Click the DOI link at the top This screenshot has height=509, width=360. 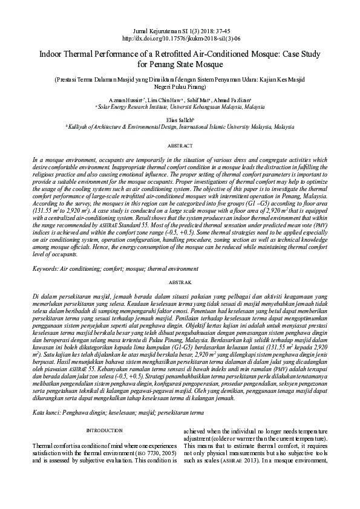coord(180,37)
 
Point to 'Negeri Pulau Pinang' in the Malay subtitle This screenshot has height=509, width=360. coord(180,87)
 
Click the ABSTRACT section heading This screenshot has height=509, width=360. coord(180,146)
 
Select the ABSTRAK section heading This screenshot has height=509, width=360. coord(180,282)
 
